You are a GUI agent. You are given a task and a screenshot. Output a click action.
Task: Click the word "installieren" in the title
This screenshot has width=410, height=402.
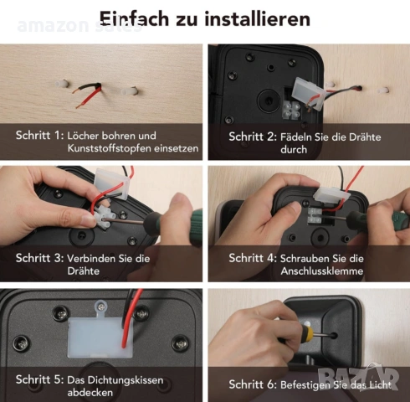pos(258,19)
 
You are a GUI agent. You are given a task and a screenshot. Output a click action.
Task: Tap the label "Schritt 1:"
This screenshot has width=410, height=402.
pos(40,136)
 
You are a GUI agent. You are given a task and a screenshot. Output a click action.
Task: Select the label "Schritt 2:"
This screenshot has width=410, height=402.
pos(253,137)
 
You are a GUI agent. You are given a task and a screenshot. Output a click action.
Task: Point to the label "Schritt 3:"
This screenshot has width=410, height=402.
pos(40,258)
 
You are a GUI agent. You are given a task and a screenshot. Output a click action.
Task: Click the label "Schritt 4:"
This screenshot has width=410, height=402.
pos(253,258)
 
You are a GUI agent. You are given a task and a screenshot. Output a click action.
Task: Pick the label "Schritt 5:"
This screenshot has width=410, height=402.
pos(40,379)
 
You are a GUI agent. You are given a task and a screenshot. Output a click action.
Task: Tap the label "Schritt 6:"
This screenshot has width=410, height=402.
pos(253,384)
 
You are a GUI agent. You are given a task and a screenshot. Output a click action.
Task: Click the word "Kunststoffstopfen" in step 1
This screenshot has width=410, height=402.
pos(110,148)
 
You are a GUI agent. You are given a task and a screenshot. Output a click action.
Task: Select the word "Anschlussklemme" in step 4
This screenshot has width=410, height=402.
pos(322,271)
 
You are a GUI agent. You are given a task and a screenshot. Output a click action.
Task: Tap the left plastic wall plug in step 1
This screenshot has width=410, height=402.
pos(62,84)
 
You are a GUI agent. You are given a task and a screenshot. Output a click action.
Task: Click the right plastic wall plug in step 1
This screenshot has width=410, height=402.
pos(130,91)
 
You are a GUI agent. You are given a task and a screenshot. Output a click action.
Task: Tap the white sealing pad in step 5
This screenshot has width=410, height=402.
pos(100,338)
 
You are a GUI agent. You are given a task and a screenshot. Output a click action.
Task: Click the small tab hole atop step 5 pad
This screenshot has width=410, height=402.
pos(101,307)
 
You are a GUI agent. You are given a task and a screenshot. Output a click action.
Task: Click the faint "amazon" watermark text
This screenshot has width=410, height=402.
pos(53,26)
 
